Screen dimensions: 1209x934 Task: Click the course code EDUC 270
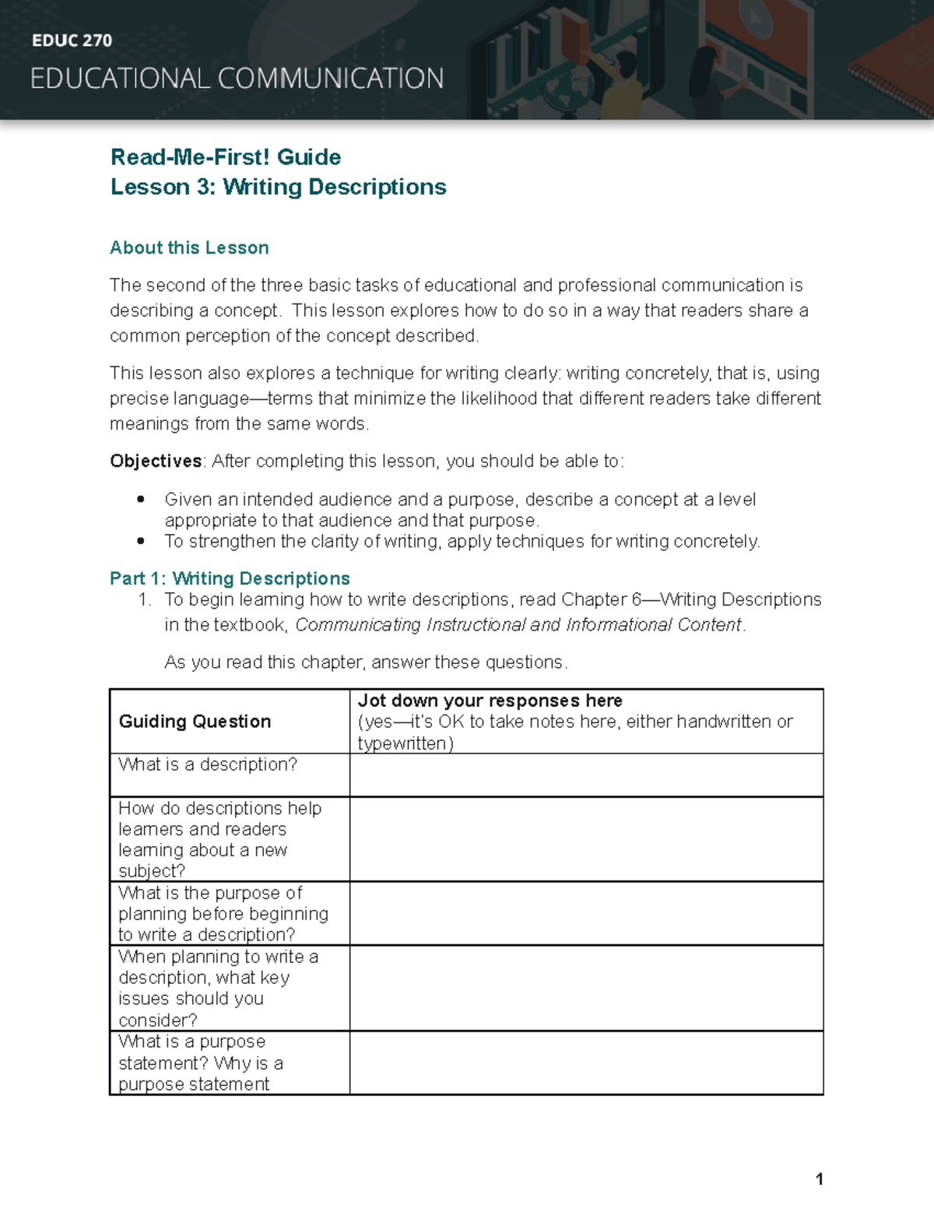pos(72,40)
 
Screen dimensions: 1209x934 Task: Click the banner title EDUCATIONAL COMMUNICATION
pos(237,79)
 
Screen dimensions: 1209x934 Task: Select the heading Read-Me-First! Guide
pos(226,157)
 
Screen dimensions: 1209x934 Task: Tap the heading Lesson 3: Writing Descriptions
pos(278,187)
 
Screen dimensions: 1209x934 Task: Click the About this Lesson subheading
pos(189,248)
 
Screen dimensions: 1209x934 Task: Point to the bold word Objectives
pos(156,461)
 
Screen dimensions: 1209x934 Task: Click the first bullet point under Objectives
pos(141,500)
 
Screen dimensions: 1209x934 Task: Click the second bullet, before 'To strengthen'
pos(141,541)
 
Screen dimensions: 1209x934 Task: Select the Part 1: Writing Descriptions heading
pos(230,578)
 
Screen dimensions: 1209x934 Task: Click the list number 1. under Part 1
pos(144,599)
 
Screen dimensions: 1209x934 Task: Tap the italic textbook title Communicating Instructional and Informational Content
pos(518,625)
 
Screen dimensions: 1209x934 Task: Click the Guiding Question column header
pos(195,722)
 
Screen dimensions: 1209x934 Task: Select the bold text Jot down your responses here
pos(490,701)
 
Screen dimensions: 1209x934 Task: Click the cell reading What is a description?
pos(208,764)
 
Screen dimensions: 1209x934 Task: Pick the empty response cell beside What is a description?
pos(586,775)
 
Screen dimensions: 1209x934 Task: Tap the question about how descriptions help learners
pos(219,839)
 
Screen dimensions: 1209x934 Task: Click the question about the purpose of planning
pos(223,913)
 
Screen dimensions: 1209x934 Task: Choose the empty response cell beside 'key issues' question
pos(586,988)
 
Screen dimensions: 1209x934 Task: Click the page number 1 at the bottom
pos(819,1179)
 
